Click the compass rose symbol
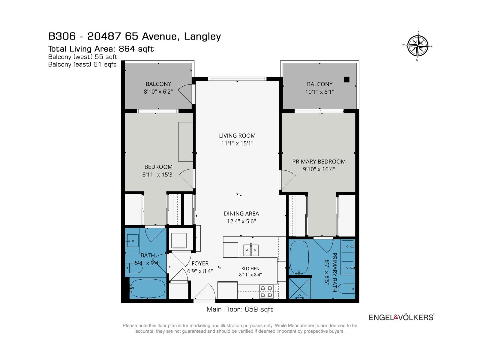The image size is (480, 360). pos(418,46)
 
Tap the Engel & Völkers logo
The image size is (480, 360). pos(401,317)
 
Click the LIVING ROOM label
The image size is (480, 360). pos(237,136)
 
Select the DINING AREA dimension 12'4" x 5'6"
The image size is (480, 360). pos(241,221)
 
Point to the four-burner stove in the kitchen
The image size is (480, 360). pos(266,292)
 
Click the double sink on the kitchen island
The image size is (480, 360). pos(251,250)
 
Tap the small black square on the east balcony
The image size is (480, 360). pos(346,79)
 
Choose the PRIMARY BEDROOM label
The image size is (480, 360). pos(319,161)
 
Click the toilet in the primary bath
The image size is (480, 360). pos(346,289)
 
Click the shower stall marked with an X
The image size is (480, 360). pos(300,288)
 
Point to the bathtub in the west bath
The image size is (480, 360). pos(147,288)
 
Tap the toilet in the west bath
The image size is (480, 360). pos(134,268)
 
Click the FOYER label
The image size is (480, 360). pos(200,263)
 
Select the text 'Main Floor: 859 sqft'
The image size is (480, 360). pos(240,309)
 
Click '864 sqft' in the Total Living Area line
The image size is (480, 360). pos(136,49)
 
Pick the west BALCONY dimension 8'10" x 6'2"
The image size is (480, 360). pos(158,91)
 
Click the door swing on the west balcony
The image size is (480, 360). pos(185,94)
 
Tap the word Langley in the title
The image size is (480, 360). pos(202,37)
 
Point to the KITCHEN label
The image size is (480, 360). pos(250,268)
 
